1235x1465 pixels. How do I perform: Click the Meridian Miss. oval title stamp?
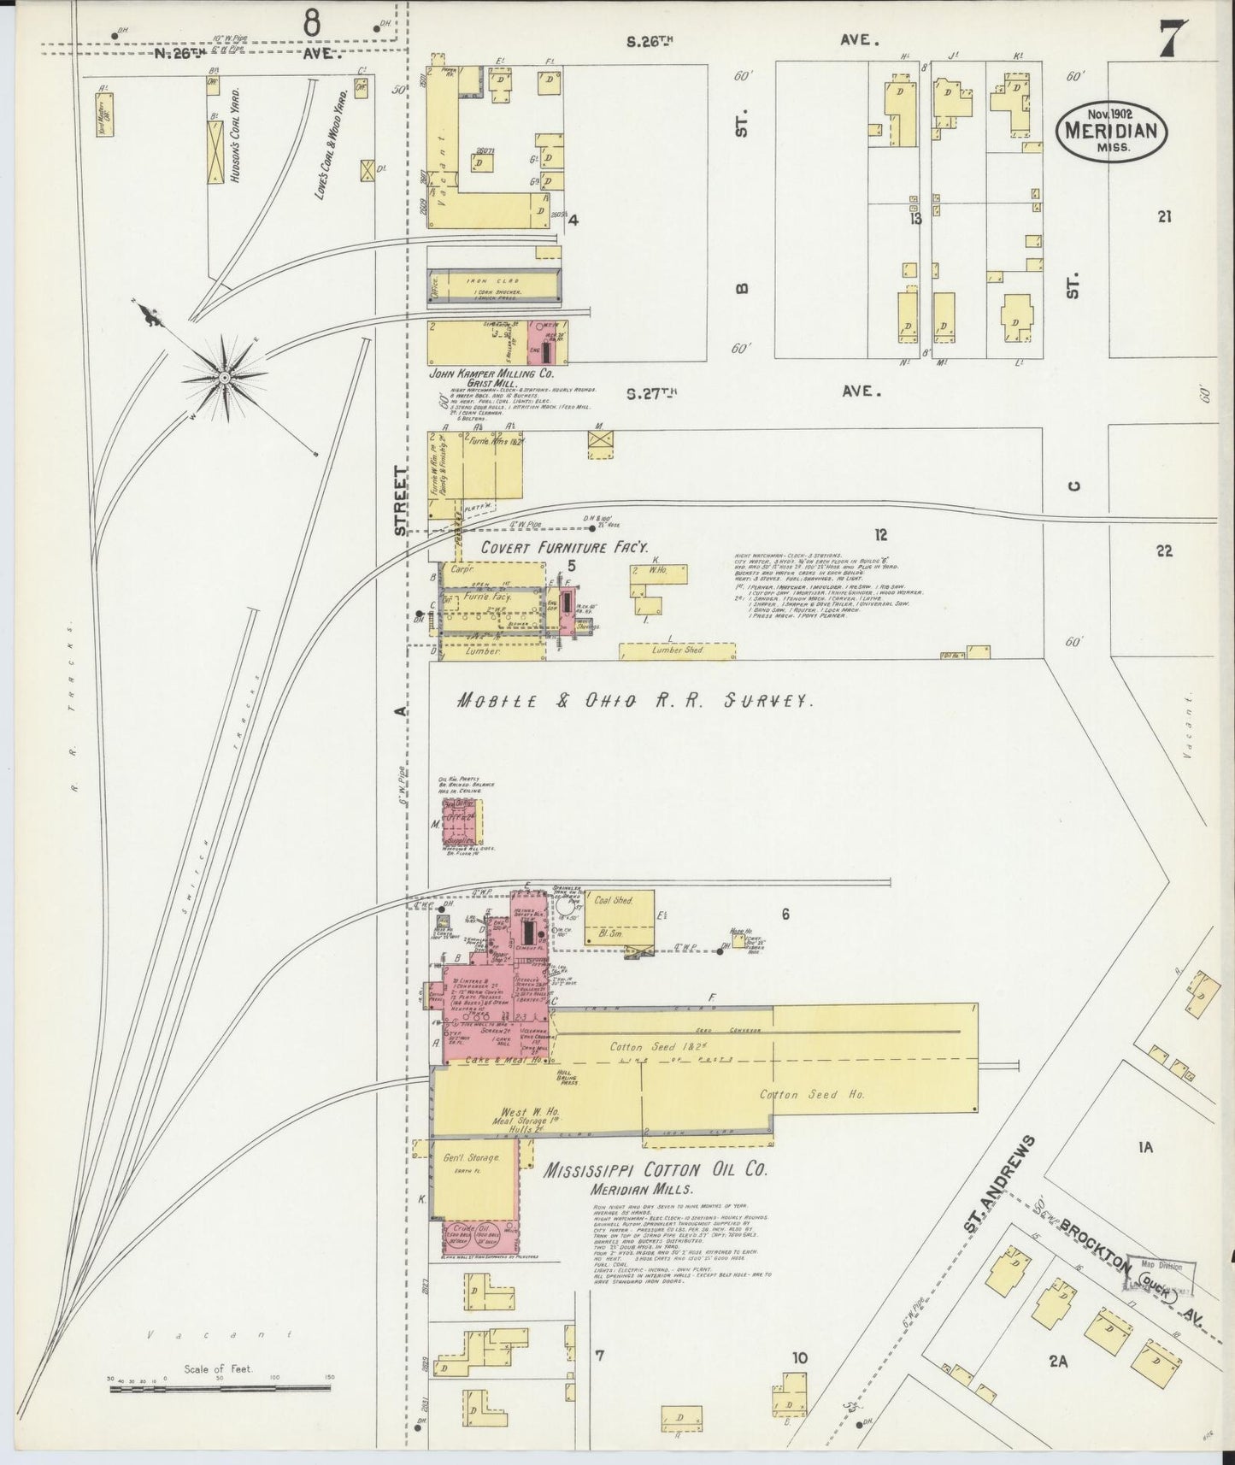[x=1111, y=130]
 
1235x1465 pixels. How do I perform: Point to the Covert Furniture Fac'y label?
[x=564, y=547]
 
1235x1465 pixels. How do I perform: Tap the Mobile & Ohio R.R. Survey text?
[x=634, y=701]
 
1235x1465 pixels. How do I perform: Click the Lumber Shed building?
[x=677, y=650]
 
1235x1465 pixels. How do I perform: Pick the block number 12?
[x=880, y=535]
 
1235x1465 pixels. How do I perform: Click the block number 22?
[x=1163, y=551]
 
